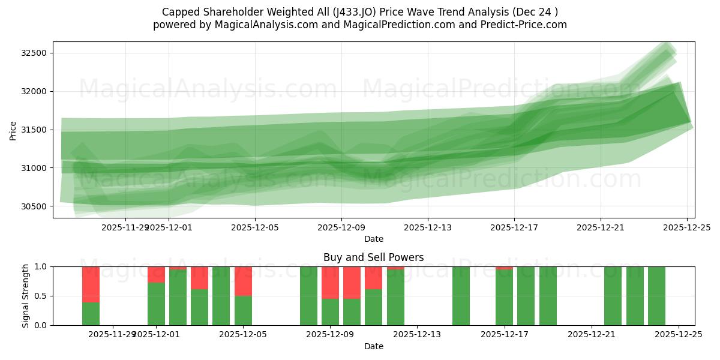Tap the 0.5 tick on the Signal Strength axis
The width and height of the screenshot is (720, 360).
point(42,296)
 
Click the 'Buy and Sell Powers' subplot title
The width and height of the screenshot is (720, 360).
point(373,257)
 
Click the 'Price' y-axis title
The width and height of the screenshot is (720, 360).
point(13,130)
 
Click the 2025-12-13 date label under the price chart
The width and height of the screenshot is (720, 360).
point(427,227)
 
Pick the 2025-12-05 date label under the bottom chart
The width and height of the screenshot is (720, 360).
point(243,334)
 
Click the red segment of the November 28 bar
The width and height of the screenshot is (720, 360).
point(91,284)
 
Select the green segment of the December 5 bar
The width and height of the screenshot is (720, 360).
point(243,310)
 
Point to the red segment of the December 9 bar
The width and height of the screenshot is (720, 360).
point(330,282)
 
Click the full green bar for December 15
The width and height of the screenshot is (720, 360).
point(461,296)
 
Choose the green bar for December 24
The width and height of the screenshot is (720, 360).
point(656,296)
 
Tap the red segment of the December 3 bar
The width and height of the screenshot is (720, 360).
point(199,278)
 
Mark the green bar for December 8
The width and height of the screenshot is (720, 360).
point(308,296)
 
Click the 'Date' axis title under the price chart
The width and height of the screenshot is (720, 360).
point(373,239)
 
